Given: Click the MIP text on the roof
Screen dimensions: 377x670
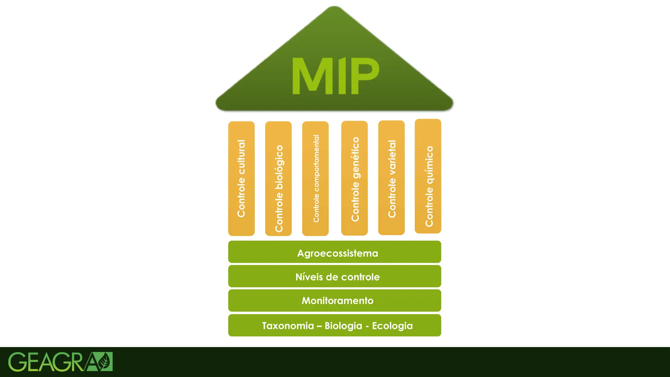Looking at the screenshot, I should click(335, 76).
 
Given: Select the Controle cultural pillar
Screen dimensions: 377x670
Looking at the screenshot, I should click(241, 178).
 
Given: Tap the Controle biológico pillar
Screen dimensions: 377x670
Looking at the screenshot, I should click(278, 178).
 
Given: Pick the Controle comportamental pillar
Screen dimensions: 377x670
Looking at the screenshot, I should click(315, 178).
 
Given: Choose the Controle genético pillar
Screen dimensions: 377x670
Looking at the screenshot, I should click(354, 178).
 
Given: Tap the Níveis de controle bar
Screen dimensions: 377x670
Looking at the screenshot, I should click(334, 277).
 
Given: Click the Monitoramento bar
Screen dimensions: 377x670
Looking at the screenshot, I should click(334, 300).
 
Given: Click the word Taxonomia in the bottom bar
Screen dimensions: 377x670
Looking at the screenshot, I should click(288, 326).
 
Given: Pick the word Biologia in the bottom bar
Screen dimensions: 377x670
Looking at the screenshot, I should click(344, 326).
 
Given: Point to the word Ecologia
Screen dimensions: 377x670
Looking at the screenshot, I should click(392, 326).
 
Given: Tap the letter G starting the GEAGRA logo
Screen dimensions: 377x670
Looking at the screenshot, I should click(18, 362).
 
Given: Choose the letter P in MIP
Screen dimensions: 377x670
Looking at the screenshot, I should click(364, 76).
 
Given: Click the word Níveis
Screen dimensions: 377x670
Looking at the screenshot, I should click(309, 277).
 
